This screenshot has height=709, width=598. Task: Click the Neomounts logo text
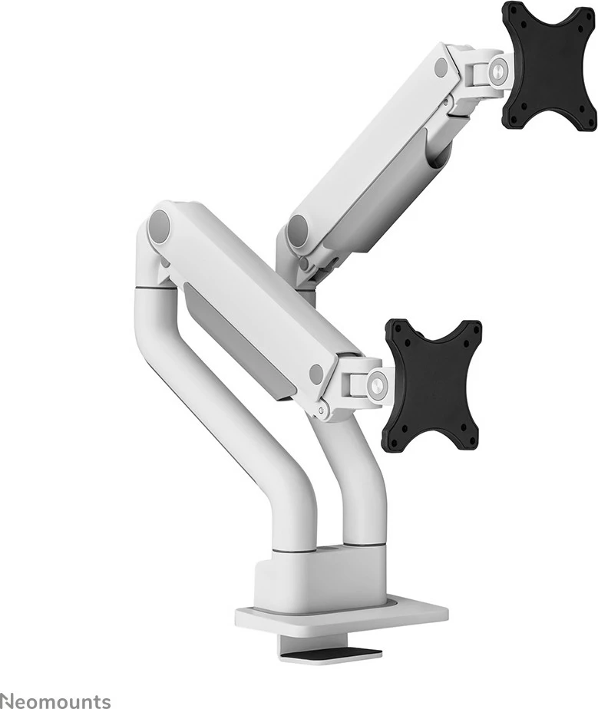(55, 700)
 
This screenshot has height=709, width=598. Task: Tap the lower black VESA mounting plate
(432, 384)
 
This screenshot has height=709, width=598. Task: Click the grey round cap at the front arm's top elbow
(160, 226)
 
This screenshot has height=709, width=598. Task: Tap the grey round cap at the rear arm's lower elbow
(296, 228)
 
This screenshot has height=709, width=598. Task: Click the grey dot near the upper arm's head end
(441, 68)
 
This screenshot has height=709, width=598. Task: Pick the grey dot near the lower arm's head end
(316, 375)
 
